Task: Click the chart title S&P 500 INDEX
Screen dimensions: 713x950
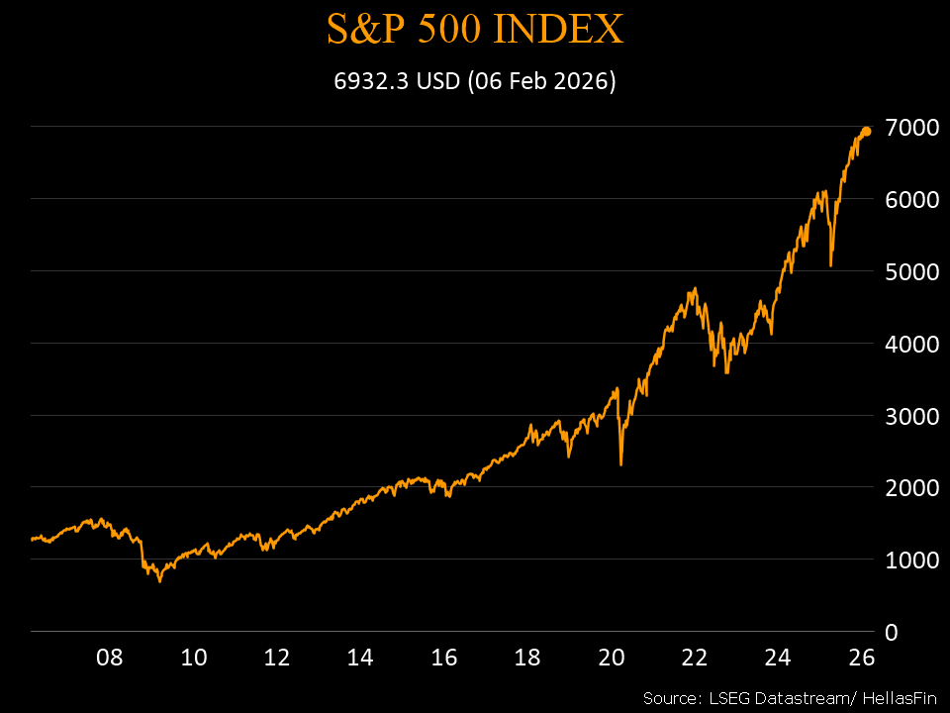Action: [x=475, y=30]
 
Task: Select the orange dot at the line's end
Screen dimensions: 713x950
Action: [x=866, y=131]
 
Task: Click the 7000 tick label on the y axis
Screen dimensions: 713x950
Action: [x=910, y=128]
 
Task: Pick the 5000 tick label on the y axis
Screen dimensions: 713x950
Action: [x=910, y=271]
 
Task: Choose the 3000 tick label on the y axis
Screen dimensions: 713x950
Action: [x=910, y=416]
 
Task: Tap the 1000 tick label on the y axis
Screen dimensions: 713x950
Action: [x=910, y=560]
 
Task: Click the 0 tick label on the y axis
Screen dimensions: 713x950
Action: [x=892, y=632]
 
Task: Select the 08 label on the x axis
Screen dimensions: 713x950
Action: [x=110, y=657]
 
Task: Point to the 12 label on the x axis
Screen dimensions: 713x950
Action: [x=277, y=657]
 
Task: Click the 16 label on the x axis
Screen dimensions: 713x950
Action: [x=444, y=657]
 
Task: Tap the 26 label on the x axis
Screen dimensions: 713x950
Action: [x=862, y=657]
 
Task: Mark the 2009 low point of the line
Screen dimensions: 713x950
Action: [x=159, y=581]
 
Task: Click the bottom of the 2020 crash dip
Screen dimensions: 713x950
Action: [x=620, y=464]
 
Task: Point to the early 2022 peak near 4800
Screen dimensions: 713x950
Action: [x=695, y=288]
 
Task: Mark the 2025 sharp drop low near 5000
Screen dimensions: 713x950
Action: [x=831, y=265]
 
